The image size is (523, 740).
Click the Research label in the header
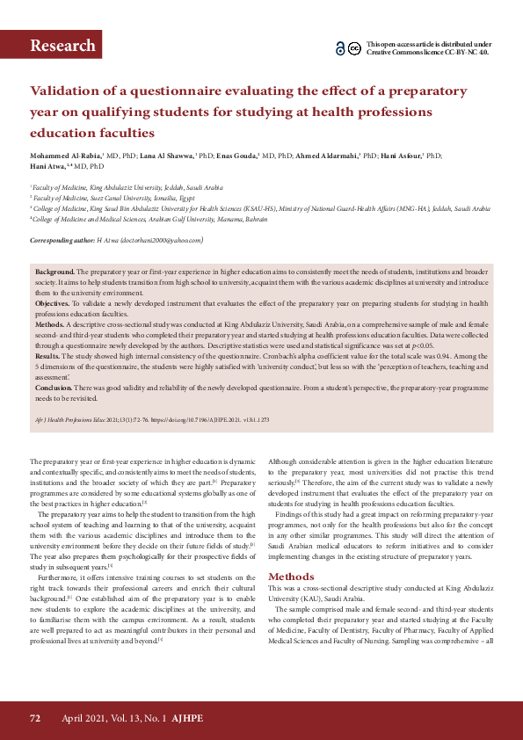pos(62,46)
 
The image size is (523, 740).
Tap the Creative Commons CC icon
pos(354,48)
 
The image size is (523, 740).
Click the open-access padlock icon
pos(341,48)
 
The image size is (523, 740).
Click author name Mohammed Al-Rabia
pos(65,156)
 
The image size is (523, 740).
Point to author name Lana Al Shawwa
pos(164,156)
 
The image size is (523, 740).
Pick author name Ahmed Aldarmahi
pos(326,156)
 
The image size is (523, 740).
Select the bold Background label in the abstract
pos(54,274)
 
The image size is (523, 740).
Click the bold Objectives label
pos(54,303)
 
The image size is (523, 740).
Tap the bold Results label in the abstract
pos(47,358)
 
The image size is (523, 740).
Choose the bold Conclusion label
pos(54,388)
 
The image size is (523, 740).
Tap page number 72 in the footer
pos(35,718)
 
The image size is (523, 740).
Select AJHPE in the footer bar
pos(189,718)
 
